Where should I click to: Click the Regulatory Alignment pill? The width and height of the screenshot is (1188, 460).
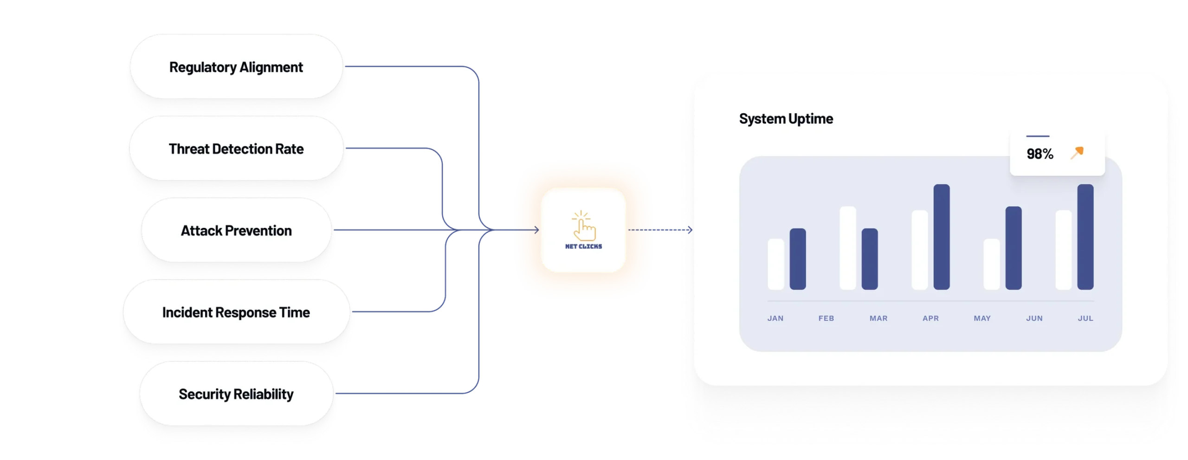tap(236, 67)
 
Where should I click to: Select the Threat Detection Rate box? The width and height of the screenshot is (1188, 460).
tap(236, 149)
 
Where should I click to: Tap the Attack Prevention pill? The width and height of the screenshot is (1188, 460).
tap(236, 231)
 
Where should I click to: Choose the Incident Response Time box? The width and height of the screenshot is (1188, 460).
tap(236, 312)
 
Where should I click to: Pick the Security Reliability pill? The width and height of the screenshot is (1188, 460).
tap(236, 394)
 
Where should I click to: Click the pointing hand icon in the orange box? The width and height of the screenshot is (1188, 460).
tap(583, 226)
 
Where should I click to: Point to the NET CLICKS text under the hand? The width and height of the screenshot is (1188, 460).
tap(583, 246)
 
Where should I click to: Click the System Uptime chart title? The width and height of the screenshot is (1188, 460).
tap(786, 119)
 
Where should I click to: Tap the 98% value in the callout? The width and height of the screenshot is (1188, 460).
tap(1039, 154)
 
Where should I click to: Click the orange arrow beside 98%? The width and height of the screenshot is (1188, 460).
tap(1077, 152)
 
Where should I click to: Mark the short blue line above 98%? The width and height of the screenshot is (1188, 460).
tap(1038, 136)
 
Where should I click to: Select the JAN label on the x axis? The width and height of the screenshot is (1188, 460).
tap(775, 318)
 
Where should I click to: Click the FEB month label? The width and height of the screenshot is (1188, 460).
tap(826, 318)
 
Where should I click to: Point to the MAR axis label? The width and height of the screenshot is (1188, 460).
tap(878, 318)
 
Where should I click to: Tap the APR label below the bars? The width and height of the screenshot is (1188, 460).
tap(930, 318)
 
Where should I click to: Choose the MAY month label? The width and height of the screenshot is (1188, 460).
tap(982, 318)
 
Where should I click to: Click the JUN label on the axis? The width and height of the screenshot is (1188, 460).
tap(1034, 318)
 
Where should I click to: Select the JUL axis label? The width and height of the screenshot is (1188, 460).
tap(1085, 318)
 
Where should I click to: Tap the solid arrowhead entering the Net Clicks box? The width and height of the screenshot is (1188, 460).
tap(536, 230)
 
